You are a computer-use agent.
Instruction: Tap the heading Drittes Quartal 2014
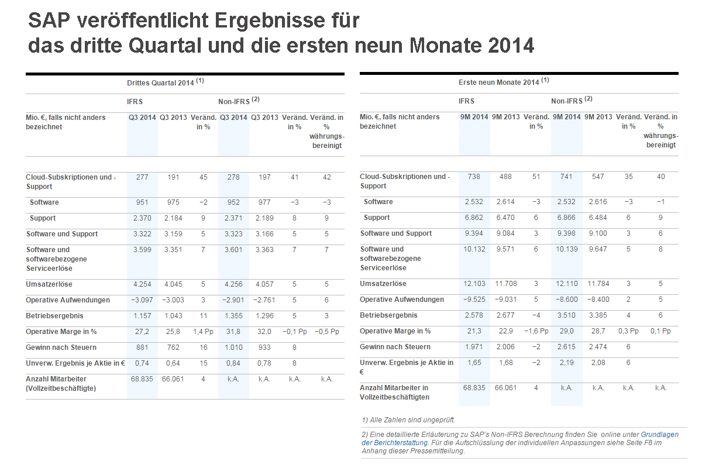click(160, 83)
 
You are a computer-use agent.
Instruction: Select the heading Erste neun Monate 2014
click(499, 82)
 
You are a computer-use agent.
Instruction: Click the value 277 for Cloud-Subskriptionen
click(142, 177)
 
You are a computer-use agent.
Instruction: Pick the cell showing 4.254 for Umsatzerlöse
click(142, 284)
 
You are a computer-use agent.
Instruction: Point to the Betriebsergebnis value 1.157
click(142, 316)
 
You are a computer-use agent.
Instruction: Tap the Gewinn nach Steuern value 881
click(142, 347)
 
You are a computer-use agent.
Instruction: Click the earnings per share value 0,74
click(142, 363)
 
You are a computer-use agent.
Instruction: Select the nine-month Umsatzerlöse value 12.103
click(474, 284)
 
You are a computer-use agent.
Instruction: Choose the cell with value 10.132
click(474, 249)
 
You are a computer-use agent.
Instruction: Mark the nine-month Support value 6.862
click(474, 218)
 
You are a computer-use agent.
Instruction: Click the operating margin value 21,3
click(474, 331)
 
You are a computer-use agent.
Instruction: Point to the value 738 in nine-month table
click(474, 177)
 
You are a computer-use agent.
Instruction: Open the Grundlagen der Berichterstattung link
click(660, 435)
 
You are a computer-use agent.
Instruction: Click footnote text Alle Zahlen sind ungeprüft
click(408, 419)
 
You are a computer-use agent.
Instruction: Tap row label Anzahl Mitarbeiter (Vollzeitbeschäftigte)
click(61, 384)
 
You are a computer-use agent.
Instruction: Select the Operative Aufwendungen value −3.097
click(142, 300)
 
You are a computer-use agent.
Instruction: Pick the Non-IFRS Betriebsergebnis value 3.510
click(566, 315)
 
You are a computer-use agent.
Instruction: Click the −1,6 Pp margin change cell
click(536, 331)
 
